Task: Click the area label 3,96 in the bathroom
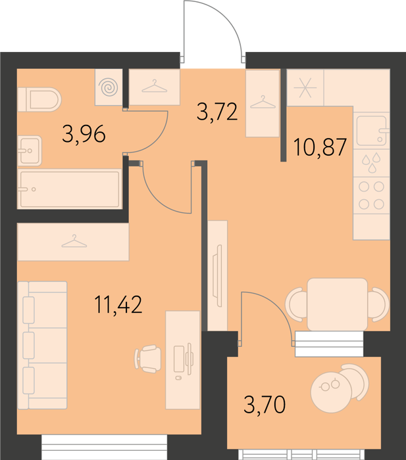(x=84, y=134)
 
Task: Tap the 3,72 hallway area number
(x=217, y=112)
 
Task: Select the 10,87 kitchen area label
(x=320, y=147)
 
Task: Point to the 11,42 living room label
(x=118, y=304)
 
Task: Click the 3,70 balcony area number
(x=265, y=404)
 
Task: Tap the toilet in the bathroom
(x=39, y=99)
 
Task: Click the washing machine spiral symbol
(x=109, y=87)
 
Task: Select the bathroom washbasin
(x=30, y=150)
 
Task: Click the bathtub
(x=70, y=189)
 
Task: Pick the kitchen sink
(x=372, y=131)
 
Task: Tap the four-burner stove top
(x=371, y=195)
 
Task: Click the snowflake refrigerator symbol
(x=305, y=87)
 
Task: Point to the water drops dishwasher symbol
(x=372, y=163)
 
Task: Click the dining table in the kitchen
(x=338, y=304)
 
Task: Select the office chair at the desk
(x=148, y=359)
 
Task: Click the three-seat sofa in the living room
(x=42, y=345)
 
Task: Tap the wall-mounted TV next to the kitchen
(x=218, y=276)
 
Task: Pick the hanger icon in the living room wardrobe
(x=74, y=241)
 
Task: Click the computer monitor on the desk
(x=190, y=359)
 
